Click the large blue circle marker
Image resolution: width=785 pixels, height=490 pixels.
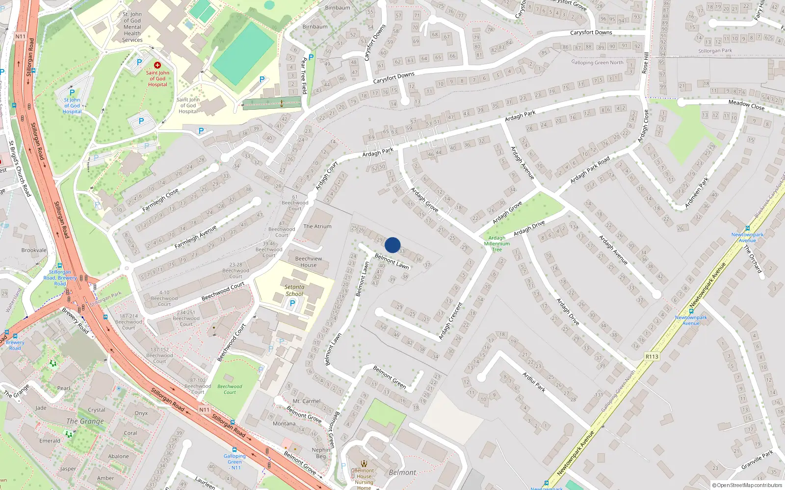392,245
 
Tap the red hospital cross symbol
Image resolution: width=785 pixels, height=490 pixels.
157,65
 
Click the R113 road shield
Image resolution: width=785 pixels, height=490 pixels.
652,356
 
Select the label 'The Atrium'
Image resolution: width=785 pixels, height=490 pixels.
317,226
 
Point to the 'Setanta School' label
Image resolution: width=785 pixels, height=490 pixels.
294,291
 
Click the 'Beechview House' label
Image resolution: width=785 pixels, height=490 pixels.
309,262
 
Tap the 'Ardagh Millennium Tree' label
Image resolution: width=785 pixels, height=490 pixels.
497,244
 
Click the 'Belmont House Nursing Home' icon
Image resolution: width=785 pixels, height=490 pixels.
364,464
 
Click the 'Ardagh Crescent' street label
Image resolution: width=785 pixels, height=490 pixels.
450,321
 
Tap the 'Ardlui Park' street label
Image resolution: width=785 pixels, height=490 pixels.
534,382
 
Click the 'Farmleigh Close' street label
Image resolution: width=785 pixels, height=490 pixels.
160,200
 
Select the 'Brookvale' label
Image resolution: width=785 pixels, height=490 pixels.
34,250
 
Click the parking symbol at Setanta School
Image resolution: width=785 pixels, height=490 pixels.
292,303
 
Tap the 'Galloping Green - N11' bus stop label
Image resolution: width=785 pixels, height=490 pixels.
235,462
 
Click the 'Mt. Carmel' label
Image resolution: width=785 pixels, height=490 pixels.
307,401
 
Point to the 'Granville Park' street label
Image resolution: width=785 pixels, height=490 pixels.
757,460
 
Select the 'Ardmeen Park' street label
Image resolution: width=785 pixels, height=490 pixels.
697,193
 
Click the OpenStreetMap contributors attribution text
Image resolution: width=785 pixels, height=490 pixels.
747,486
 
